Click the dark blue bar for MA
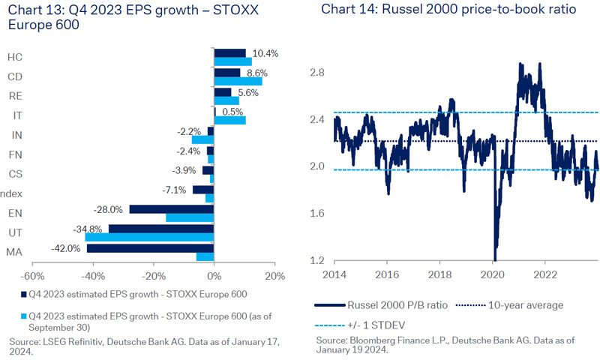tap(150, 248)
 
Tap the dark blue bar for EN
tap(172, 209)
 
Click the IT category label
tap(17, 115)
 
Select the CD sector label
tap(14, 76)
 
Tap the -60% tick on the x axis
tap(33, 276)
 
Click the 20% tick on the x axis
tap(274, 276)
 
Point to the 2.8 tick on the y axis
tap(317, 73)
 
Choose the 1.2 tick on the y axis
tap(317, 261)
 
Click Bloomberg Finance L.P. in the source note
tap(401, 340)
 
